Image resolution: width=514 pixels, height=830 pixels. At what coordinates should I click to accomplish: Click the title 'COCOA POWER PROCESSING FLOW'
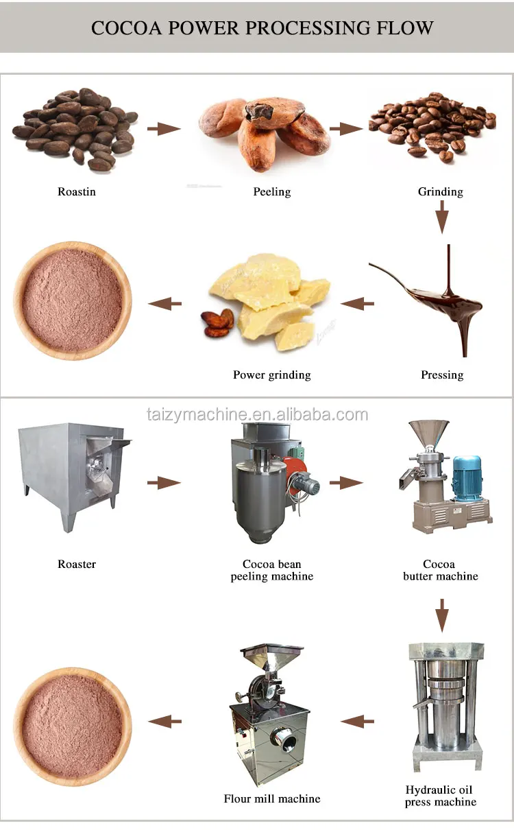[x=262, y=28]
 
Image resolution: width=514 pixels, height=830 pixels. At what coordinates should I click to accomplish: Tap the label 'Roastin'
[x=77, y=192]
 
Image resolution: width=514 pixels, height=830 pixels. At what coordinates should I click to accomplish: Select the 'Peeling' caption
[x=272, y=192]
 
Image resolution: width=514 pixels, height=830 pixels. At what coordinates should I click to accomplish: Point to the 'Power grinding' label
[x=272, y=375]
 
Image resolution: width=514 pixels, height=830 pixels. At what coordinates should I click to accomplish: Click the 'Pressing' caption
[x=442, y=375]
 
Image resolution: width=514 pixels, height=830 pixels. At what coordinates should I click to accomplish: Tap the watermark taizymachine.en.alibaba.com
[x=257, y=414]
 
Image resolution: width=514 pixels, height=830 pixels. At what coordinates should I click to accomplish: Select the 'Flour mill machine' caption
[x=272, y=798]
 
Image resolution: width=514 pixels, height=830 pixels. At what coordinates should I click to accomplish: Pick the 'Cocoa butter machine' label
[x=440, y=570]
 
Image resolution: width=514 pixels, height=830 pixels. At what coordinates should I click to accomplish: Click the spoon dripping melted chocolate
[x=432, y=295]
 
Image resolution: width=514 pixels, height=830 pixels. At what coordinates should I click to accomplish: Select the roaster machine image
[x=72, y=473]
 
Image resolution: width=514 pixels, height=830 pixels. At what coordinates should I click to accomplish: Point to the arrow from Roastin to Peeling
[x=164, y=128]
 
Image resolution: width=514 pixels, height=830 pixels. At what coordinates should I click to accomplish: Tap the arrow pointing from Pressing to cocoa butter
[x=357, y=303]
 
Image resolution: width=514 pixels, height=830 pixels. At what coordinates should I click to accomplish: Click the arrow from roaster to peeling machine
[x=164, y=483]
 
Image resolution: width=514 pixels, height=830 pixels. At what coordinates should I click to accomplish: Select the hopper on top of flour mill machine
[x=271, y=659]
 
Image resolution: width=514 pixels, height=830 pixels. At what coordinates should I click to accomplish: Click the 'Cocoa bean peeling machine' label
[x=272, y=570]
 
